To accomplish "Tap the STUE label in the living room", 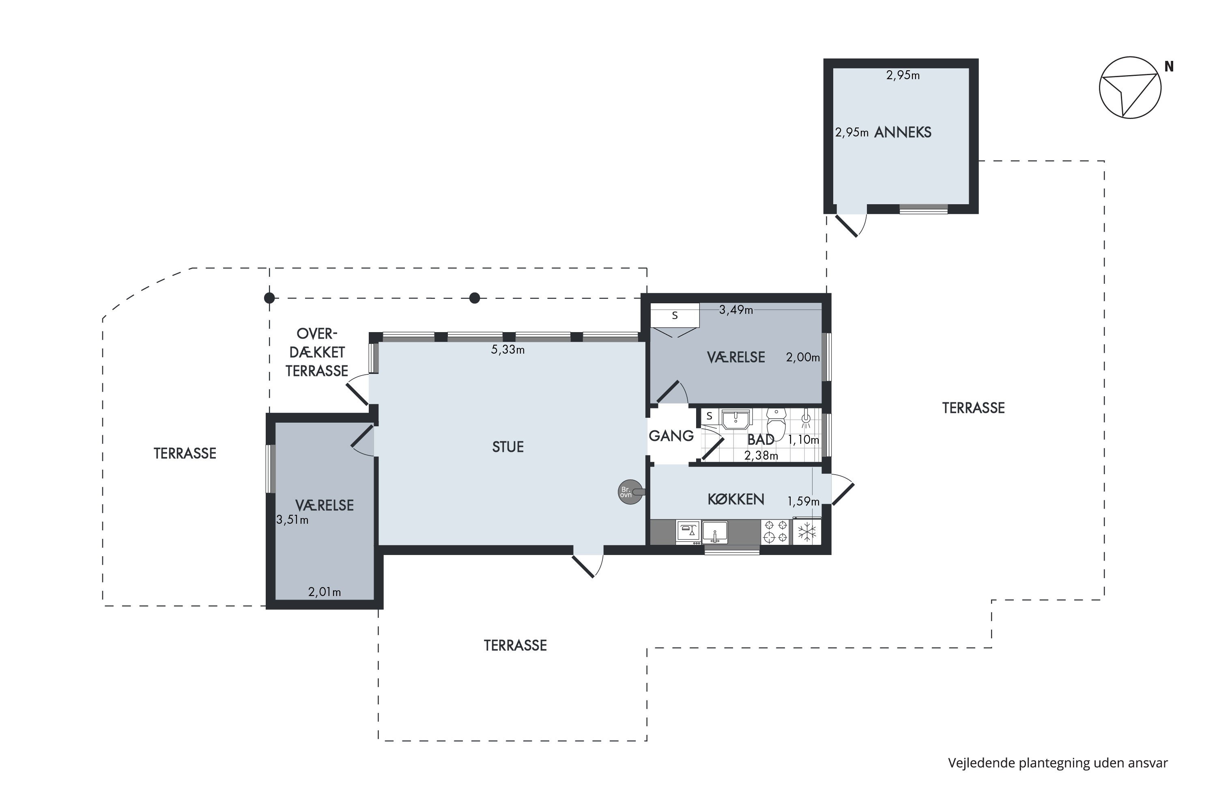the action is coord(507,447).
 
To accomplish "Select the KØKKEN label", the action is coord(736,499).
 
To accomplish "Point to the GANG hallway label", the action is coord(671,436).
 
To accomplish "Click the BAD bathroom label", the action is coord(761,440).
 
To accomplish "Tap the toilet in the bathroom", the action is coord(776,423).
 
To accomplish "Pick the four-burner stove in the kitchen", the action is coord(776,532).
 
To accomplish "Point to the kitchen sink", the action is coord(714,533).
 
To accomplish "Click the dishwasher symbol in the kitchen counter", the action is coord(688,532).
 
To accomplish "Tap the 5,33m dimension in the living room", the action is coord(507,350).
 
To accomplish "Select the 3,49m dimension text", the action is coord(736,310).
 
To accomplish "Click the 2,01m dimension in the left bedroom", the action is coord(325,592).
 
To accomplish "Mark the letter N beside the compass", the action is coord(1169,67).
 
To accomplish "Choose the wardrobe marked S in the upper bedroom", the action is coord(675,315).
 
